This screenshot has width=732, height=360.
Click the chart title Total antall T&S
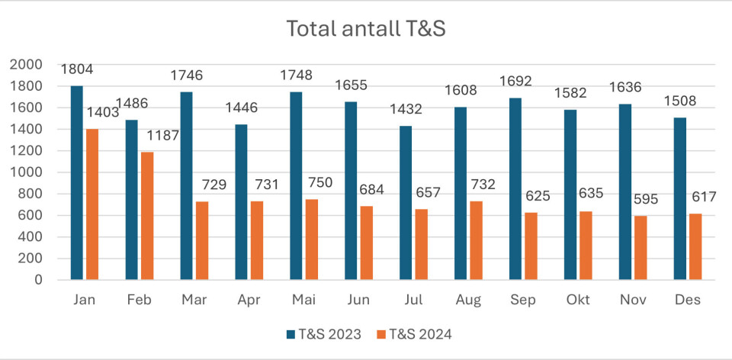[365, 29]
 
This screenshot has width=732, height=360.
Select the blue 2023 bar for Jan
[77, 183]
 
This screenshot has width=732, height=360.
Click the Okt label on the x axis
[577, 301]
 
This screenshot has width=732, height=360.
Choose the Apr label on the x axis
[249, 301]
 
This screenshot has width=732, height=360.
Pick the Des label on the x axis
[688, 301]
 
